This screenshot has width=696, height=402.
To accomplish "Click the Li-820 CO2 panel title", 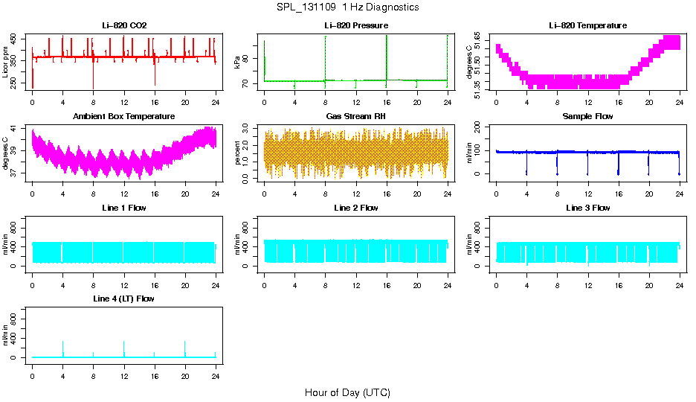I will tap(124, 26).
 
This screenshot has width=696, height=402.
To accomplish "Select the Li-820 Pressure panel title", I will tap(356, 26).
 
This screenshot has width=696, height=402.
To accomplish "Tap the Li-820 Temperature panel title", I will tap(587, 26).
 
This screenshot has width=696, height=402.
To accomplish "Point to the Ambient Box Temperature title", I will tap(124, 117).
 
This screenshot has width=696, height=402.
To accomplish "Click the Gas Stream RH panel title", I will tap(356, 117).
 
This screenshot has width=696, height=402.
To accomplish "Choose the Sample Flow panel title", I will tap(587, 117).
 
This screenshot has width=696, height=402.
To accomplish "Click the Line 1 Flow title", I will tap(124, 208).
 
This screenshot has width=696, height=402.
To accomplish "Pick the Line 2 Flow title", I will tap(356, 208).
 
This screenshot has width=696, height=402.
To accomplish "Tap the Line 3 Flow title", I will tap(587, 208).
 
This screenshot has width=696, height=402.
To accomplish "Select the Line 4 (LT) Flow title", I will tap(124, 299).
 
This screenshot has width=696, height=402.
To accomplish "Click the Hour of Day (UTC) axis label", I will tap(347, 392).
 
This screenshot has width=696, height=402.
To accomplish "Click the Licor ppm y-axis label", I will tap(6, 63).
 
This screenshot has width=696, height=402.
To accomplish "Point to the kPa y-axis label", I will tap(238, 63).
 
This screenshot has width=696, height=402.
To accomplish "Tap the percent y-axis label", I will tap(238, 153).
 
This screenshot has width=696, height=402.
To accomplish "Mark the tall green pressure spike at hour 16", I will tap(387, 52).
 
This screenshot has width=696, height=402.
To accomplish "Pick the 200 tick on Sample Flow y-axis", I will tap(480, 127).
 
